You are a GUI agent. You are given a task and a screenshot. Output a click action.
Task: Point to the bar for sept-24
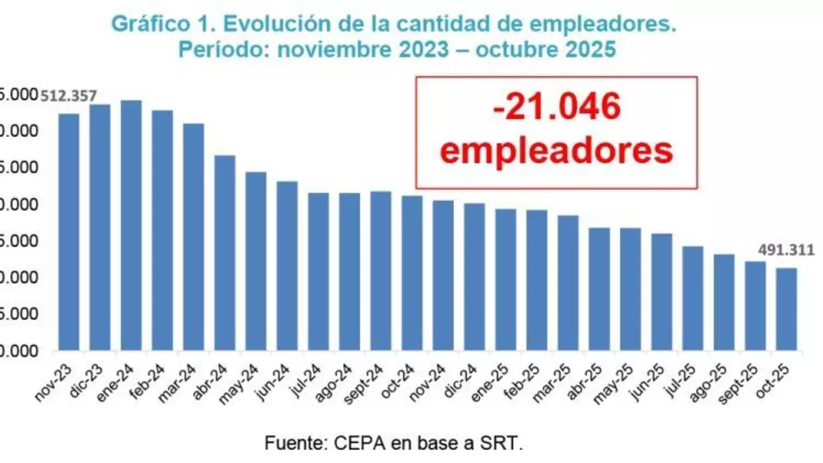381,270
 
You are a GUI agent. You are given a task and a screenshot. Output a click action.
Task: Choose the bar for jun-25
661,292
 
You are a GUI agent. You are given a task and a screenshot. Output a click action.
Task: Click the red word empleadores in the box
556,150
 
